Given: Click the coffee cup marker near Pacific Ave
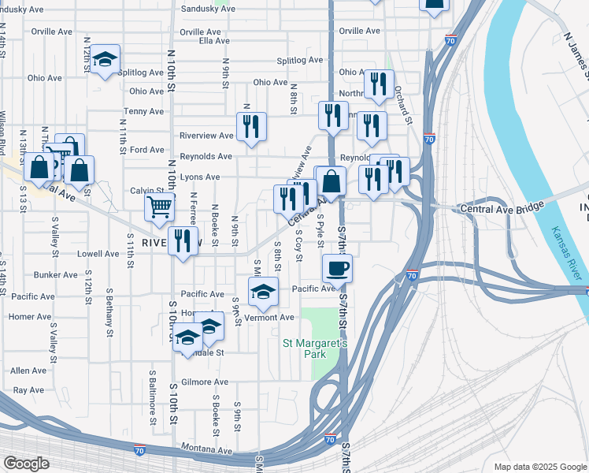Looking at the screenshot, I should (x=337, y=268).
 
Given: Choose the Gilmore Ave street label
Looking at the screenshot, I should (x=209, y=382).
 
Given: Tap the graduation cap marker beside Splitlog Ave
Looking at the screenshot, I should (x=105, y=59).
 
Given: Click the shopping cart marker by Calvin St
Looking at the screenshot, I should (x=159, y=207).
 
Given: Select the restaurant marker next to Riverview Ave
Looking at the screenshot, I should (x=251, y=126).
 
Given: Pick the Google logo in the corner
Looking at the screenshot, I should (x=25, y=464).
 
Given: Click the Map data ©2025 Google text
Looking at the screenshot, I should (x=539, y=467).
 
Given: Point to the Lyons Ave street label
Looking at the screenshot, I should (x=200, y=177).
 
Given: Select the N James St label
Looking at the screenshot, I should (x=578, y=56).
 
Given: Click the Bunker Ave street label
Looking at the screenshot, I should (x=56, y=275).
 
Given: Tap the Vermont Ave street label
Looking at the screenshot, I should (x=270, y=318).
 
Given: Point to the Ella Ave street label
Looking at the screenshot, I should (x=214, y=41).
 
